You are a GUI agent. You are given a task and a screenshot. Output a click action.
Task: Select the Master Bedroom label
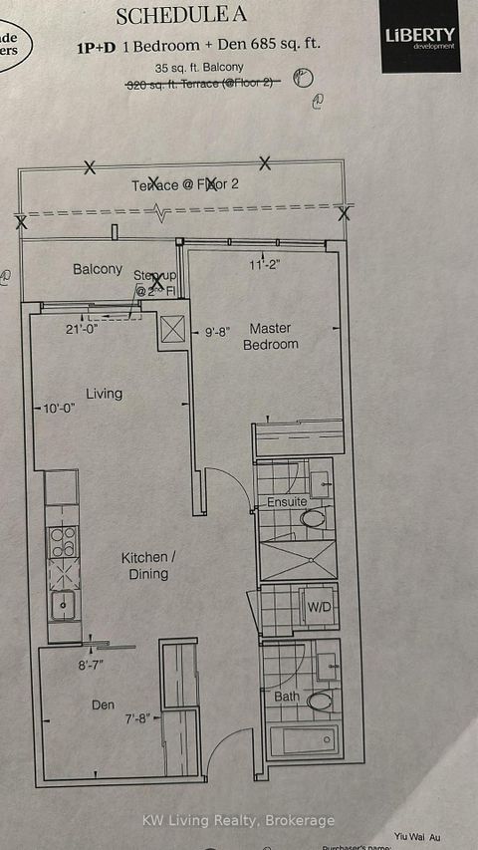(x=271, y=336)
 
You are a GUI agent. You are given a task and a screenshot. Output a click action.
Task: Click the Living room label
(x=104, y=394)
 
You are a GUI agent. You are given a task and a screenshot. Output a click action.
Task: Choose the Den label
(x=104, y=705)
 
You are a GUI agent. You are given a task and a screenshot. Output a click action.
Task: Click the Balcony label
(x=98, y=269)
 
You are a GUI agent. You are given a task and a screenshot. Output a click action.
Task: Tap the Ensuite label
(x=287, y=502)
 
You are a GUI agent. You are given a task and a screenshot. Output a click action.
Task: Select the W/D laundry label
(x=319, y=607)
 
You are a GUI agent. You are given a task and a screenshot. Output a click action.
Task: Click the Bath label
(x=285, y=696)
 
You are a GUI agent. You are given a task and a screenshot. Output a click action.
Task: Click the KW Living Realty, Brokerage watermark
(x=238, y=819)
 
